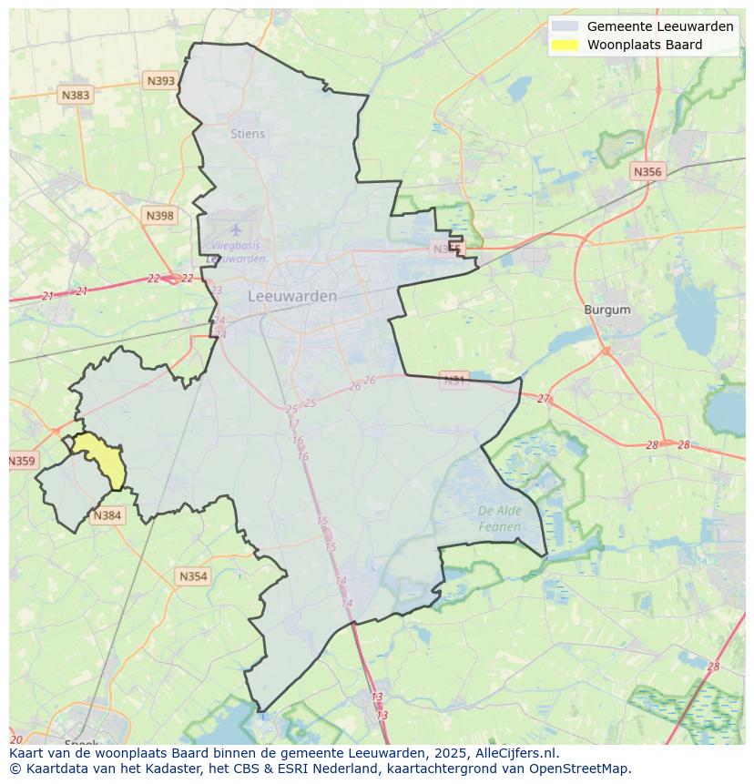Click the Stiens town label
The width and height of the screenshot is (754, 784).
(x=248, y=134)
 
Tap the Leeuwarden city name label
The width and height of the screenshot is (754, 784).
(x=292, y=296)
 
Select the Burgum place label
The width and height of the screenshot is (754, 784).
(x=607, y=310)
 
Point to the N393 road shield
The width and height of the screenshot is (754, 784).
(x=160, y=81)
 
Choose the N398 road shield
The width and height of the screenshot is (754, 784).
(x=159, y=216)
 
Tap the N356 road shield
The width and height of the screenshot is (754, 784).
(x=647, y=171)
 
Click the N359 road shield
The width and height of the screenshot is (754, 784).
(x=21, y=461)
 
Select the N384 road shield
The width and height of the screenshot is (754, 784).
(x=107, y=515)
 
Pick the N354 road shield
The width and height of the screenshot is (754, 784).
(x=193, y=576)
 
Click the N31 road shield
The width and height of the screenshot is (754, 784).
(x=453, y=380)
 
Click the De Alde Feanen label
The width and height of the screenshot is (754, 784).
(x=500, y=518)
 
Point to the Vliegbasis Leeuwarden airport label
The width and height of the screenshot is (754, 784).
(x=236, y=252)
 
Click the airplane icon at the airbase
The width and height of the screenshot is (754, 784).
(x=236, y=229)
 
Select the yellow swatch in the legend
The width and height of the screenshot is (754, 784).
(x=565, y=45)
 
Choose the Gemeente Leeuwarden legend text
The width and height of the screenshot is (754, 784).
(x=659, y=26)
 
